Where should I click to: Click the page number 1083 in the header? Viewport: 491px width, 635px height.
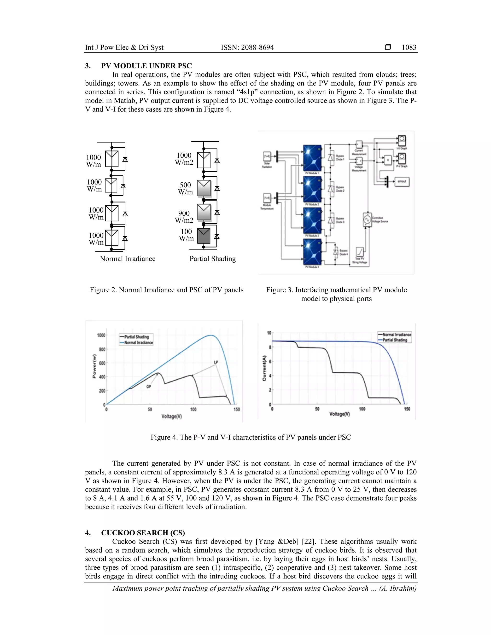pyautogui.click(x=409, y=47)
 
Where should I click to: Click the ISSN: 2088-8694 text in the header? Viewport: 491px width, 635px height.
pyautogui.click(x=247, y=47)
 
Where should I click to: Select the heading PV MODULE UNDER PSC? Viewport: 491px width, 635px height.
pyautogui.click(x=146, y=66)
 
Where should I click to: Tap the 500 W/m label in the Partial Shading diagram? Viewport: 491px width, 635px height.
pyautogui.click(x=185, y=188)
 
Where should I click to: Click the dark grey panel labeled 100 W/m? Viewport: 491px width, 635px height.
pyautogui.click(x=204, y=236)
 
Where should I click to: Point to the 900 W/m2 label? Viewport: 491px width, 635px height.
pyautogui.click(x=184, y=217)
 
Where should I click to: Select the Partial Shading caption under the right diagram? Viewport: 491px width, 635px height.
pyautogui.click(x=213, y=259)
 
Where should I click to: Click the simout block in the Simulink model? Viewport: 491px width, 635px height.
pyautogui.click(x=402, y=181)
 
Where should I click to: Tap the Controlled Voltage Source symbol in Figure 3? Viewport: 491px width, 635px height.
pyautogui.click(x=367, y=219)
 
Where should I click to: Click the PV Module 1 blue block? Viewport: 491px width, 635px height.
pyautogui.click(x=312, y=158)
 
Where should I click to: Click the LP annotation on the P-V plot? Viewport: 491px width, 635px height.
pyautogui.click(x=216, y=362)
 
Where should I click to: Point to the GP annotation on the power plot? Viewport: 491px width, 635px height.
pyautogui.click(x=149, y=387)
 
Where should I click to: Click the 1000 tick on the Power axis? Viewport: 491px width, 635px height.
pyautogui.click(x=101, y=335)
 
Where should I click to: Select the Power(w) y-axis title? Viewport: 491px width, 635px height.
pyautogui.click(x=94, y=366)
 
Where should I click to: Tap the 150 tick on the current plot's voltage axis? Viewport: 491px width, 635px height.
pyautogui.click(x=407, y=409)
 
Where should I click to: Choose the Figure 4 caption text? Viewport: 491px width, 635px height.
pyautogui.click(x=251, y=437)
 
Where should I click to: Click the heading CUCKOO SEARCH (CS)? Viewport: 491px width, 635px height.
pyautogui.click(x=143, y=533)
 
